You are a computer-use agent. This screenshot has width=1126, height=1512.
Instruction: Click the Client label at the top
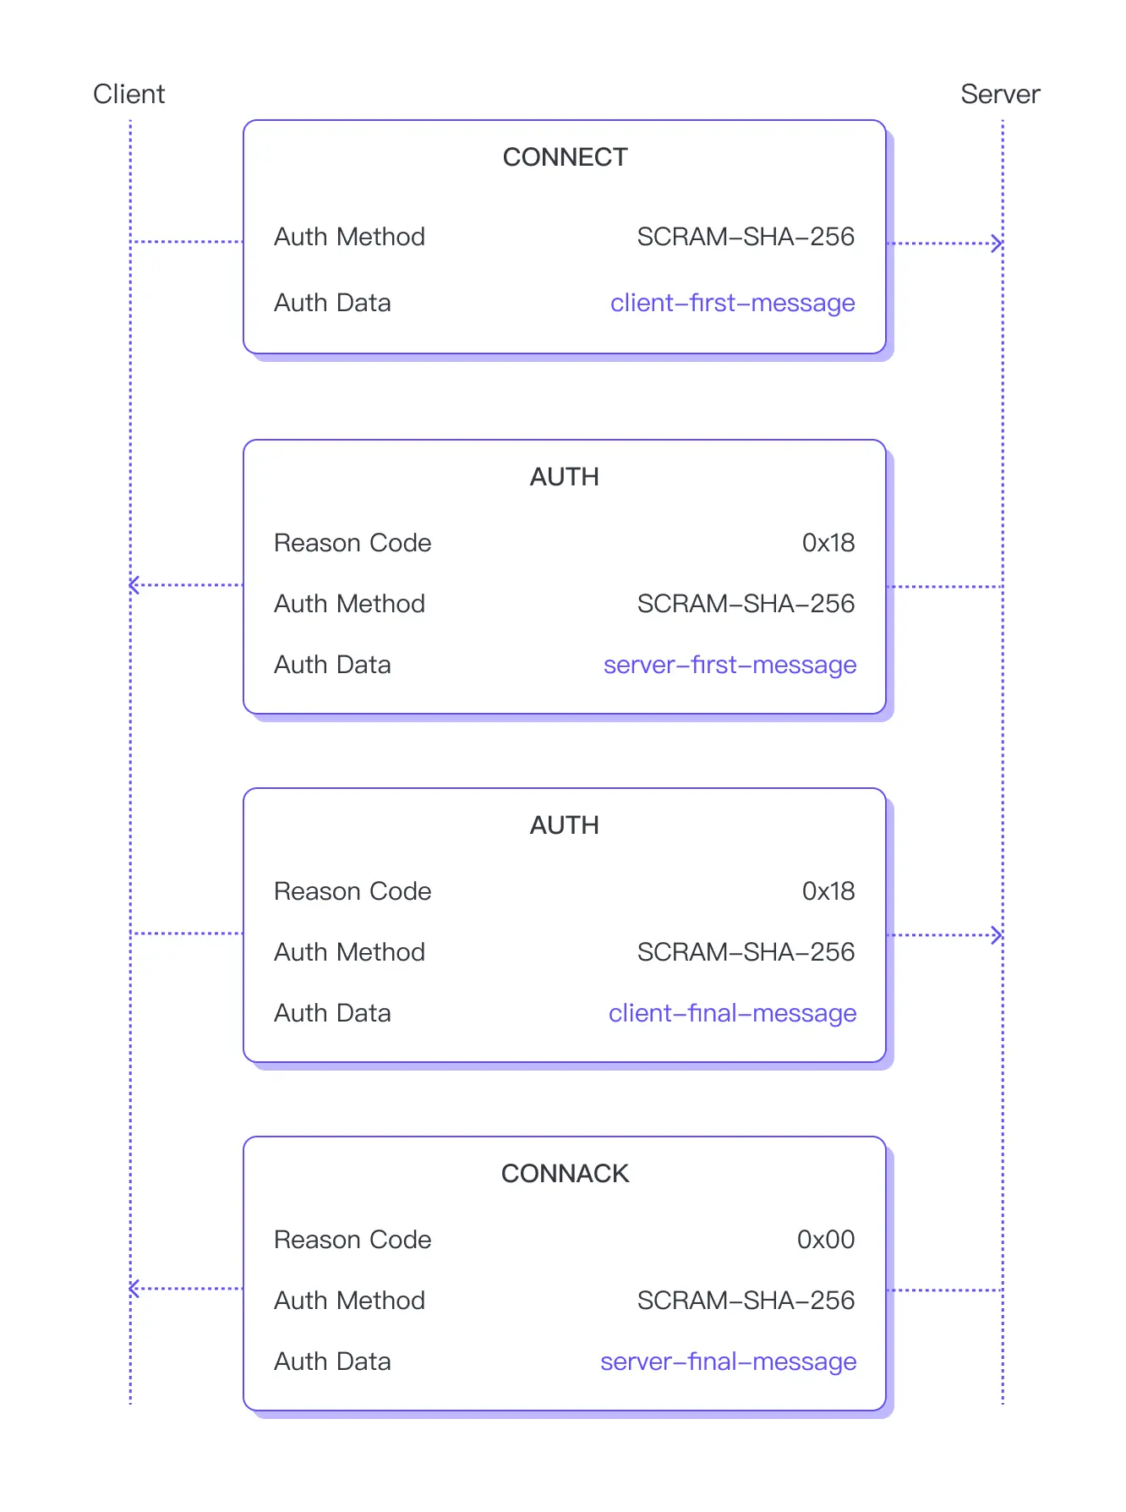tap(128, 94)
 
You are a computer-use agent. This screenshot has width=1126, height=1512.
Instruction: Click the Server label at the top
tap(999, 94)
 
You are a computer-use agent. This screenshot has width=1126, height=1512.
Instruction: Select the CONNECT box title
tap(565, 157)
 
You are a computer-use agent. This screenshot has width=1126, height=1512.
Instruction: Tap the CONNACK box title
tap(565, 1174)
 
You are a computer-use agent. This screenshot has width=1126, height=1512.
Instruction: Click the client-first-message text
tap(732, 303)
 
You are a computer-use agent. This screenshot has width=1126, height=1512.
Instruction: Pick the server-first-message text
tap(730, 665)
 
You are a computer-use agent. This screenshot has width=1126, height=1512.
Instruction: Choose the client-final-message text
tap(732, 1013)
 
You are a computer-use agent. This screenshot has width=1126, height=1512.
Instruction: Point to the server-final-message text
tap(728, 1361)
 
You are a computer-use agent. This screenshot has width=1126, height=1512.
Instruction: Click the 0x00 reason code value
tap(825, 1240)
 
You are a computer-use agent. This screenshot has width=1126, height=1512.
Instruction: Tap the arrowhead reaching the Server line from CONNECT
tap(998, 244)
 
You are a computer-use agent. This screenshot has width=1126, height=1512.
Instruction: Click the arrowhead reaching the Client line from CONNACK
tap(134, 1289)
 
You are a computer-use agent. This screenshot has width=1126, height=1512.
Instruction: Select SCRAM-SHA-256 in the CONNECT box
tap(746, 237)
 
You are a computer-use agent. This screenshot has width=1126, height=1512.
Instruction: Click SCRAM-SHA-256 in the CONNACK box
tap(746, 1301)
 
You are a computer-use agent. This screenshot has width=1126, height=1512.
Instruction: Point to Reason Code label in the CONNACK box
tap(353, 1240)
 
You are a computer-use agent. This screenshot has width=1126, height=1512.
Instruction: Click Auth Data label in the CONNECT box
tap(332, 303)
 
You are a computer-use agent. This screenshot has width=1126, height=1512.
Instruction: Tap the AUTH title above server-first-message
tap(564, 477)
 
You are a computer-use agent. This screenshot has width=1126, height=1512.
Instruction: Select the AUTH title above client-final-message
tap(564, 825)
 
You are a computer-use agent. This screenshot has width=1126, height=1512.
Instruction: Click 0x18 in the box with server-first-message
tap(828, 543)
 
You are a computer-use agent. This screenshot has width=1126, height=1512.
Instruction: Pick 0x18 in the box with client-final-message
tap(828, 891)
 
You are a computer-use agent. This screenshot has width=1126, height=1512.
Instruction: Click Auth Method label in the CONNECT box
tap(349, 237)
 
